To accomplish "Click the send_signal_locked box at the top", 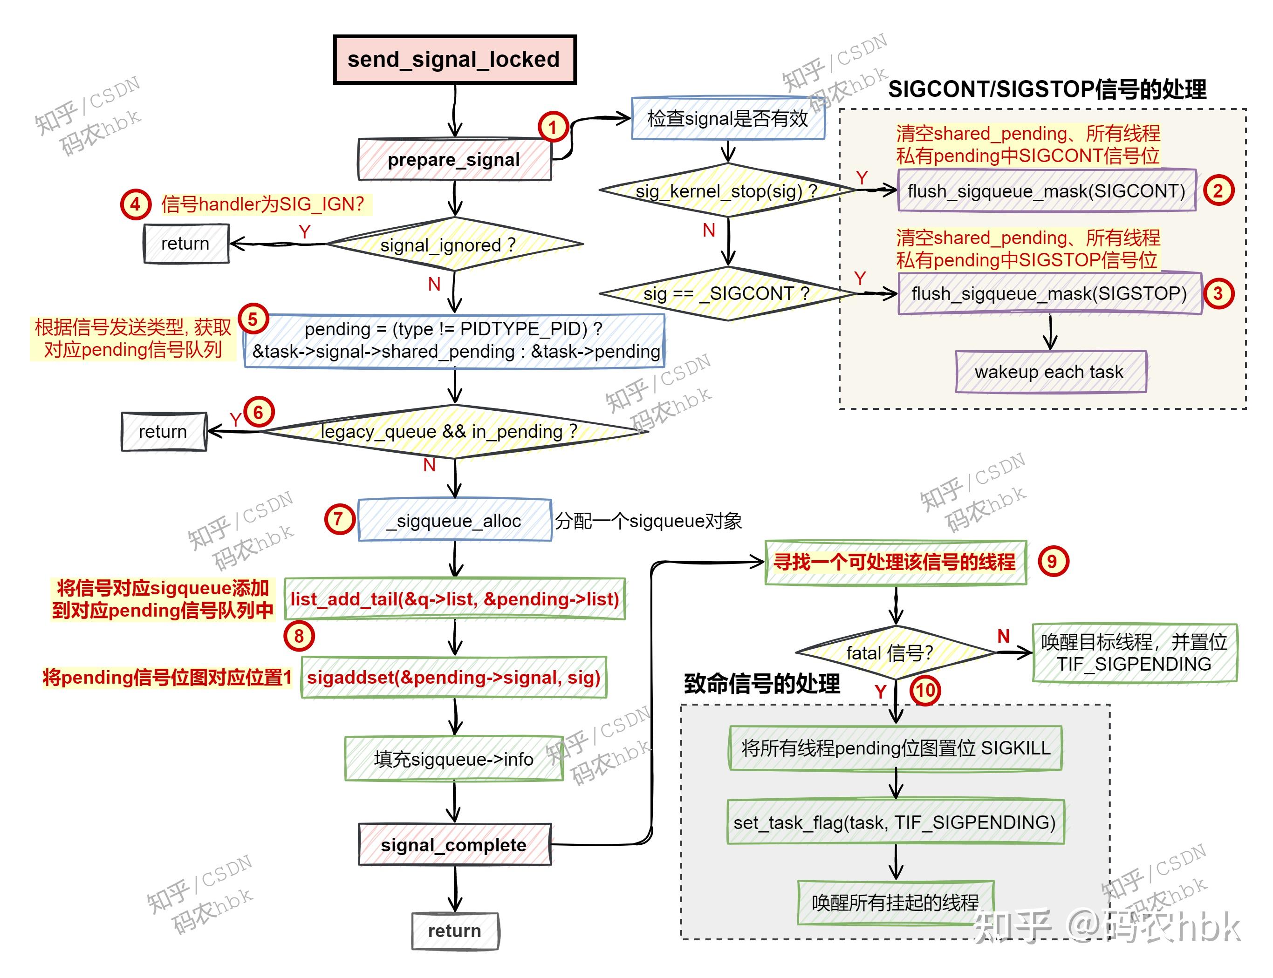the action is click(x=454, y=60).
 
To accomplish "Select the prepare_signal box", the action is click(x=454, y=159).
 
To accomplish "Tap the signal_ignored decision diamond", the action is click(x=455, y=244).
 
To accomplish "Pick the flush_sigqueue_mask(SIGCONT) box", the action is click(x=1047, y=190).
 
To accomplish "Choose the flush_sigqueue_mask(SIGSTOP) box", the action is click(x=1049, y=293).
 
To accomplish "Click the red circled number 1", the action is click(x=553, y=127).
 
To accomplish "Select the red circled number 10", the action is click(x=925, y=690).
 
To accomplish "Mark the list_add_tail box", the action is click(x=454, y=598).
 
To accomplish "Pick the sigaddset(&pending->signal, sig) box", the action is click(x=454, y=677).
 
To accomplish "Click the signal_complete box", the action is click(x=454, y=844).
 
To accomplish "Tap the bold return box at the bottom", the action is click(x=455, y=930).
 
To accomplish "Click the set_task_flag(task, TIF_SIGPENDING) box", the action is click(x=895, y=822).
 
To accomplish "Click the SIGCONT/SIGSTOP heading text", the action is click(x=1047, y=89).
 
